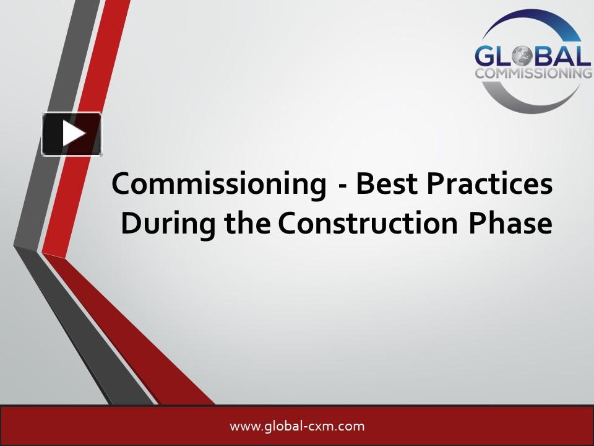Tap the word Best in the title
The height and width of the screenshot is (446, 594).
pyautogui.click(x=384, y=185)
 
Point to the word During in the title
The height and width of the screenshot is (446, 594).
pyautogui.click(x=159, y=224)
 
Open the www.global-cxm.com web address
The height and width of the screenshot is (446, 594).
pyautogui.click(x=297, y=426)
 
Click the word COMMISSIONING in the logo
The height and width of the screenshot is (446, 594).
pyautogui.click(x=532, y=73)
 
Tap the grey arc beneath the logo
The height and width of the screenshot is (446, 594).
pyautogui.click(x=526, y=99)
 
